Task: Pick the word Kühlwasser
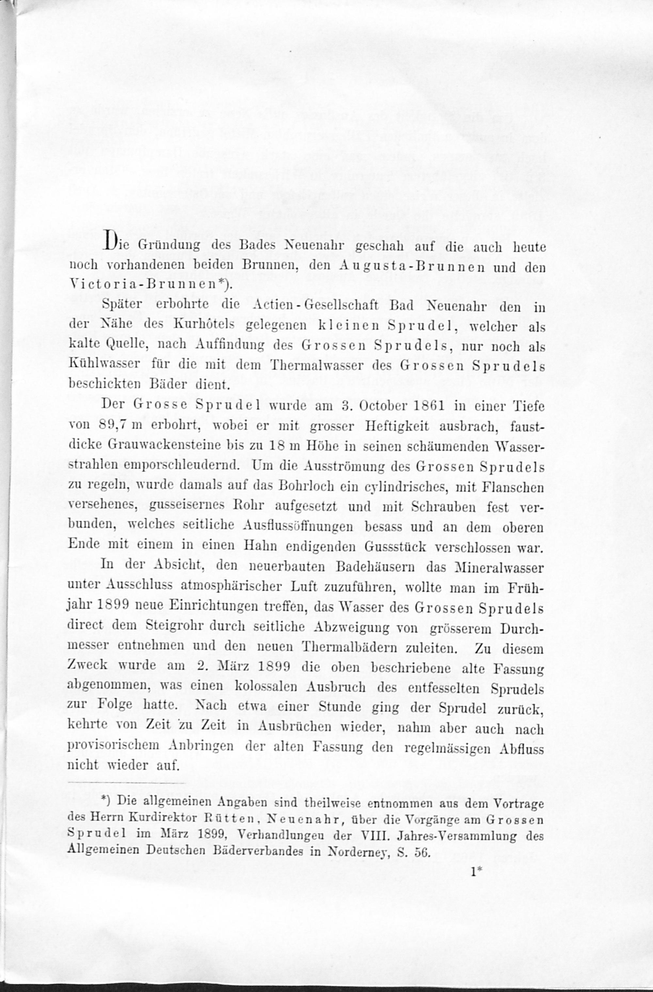(x=104, y=364)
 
